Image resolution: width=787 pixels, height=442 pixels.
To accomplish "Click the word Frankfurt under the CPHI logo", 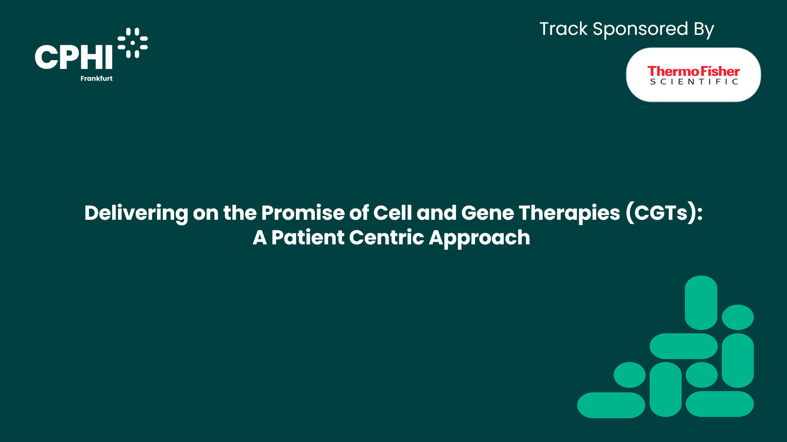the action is point(96,78).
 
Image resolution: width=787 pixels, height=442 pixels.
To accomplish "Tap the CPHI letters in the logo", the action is point(74,57).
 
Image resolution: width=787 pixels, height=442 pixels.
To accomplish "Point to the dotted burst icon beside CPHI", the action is point(133,43).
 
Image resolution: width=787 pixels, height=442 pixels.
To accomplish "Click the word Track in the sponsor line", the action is point(563,29).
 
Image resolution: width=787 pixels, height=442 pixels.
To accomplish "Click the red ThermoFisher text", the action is point(694,71).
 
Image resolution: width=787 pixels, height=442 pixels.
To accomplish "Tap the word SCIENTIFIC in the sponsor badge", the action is point(694,82).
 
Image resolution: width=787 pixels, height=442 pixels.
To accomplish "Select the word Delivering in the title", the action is point(136,214).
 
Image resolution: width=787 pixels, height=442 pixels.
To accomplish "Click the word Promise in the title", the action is point(303,213).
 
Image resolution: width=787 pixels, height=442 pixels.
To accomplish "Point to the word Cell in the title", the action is point(392,213).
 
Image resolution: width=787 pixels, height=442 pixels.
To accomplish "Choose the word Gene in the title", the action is point(487,213).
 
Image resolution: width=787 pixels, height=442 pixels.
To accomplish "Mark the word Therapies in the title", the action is point(569,214).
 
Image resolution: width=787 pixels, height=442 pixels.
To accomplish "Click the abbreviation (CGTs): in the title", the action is point(664,213).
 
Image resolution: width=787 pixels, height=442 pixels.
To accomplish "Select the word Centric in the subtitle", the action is point(387,237).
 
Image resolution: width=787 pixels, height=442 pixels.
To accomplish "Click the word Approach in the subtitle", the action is point(479,238).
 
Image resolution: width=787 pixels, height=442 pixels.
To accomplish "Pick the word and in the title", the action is point(436,213).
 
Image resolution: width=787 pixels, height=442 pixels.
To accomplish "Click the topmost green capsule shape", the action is point(701,303).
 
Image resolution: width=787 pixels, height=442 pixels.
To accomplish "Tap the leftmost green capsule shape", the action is point(611,405).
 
